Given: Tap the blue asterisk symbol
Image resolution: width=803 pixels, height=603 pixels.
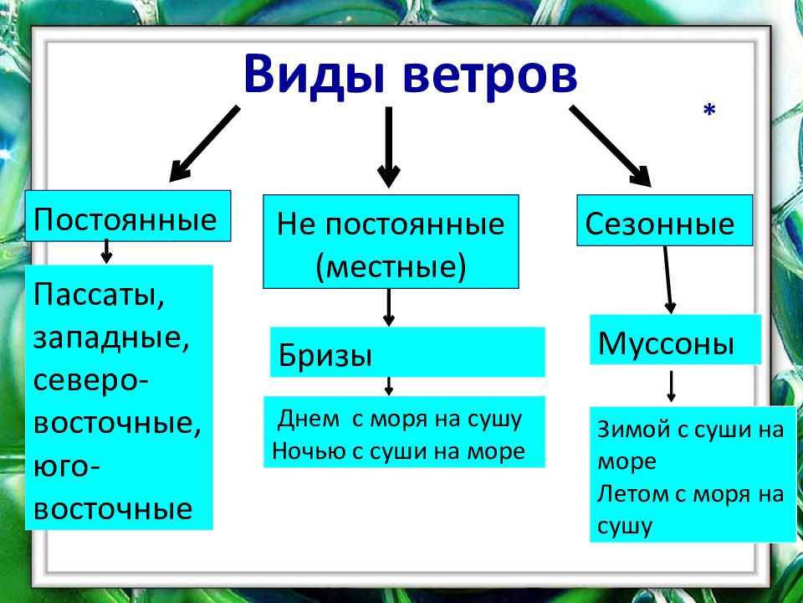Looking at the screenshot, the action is pos(709,110).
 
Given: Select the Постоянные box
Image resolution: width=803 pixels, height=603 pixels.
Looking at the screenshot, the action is pos(128,216).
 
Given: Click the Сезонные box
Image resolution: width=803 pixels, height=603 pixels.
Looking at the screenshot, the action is pos(665,220).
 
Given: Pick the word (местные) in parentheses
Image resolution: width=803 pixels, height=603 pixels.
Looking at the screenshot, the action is pos(391,266).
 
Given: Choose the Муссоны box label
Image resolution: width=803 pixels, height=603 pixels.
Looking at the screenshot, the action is pos(666,343).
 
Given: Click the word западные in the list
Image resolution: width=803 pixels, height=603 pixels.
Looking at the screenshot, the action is pos(111,338).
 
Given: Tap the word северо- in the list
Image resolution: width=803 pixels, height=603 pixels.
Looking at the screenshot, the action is pos(91,381).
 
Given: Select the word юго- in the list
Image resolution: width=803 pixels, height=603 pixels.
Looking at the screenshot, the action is pos(67,467).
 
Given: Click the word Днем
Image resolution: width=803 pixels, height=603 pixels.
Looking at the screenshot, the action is pos(309,420).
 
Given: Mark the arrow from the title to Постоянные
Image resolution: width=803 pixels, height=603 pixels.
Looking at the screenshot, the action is pos(204,144).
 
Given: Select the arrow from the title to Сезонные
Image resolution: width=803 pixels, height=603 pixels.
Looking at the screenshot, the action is pos(610,146).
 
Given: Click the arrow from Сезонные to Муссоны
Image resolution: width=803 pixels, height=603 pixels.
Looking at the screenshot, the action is pos(667,280).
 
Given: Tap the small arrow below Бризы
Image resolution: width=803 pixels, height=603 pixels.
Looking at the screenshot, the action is pos(389,386).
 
